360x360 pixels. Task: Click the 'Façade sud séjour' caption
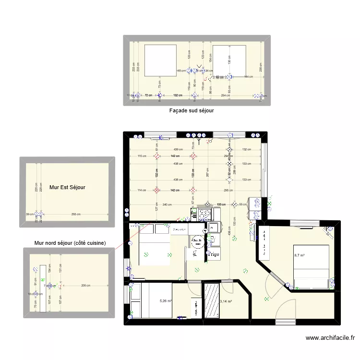(191, 110)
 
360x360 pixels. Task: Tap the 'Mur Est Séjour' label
(67, 187)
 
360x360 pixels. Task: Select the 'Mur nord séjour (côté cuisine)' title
(70, 243)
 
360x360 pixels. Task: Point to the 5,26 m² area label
(166, 301)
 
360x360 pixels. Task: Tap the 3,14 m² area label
(226, 301)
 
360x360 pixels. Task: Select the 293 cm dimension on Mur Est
(74, 214)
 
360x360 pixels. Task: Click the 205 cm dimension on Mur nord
(86, 286)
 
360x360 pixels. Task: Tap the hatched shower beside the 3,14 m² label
(212, 300)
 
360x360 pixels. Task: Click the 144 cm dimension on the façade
(248, 77)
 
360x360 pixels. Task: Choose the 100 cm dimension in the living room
(220, 204)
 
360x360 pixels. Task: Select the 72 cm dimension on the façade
(148, 96)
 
